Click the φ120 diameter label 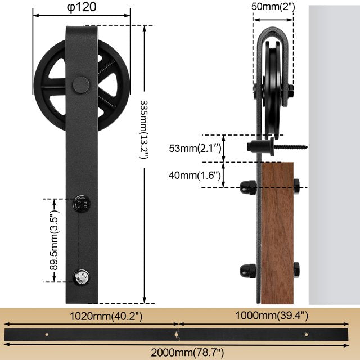pyautogui.click(x=82, y=7)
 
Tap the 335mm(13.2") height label pyautogui.click(x=144, y=129)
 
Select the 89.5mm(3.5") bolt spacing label pyautogui.click(x=54, y=240)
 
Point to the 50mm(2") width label pyautogui.click(x=273, y=7)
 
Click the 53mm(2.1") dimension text pyautogui.click(x=195, y=148)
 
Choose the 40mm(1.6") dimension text pyautogui.click(x=195, y=175)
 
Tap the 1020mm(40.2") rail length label pyautogui.click(x=106, y=316)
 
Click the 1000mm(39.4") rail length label pyautogui.click(x=272, y=316)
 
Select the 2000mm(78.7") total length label pyautogui.click(x=187, y=352)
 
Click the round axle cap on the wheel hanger pyautogui.click(x=81, y=85)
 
